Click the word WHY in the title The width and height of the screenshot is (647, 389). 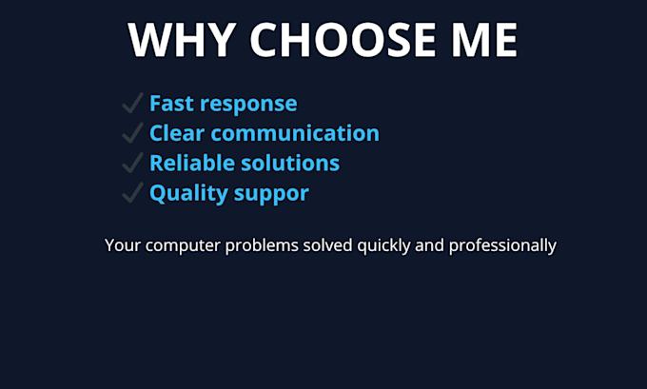(x=182, y=40)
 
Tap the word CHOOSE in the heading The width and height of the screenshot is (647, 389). (x=343, y=40)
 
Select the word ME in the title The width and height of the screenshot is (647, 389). (x=484, y=40)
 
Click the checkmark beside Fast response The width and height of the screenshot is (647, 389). (x=133, y=103)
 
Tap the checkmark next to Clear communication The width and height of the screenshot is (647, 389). (x=133, y=133)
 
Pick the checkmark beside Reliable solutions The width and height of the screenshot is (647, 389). (x=133, y=163)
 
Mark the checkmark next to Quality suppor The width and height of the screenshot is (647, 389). (x=133, y=193)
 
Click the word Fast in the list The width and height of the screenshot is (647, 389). (x=171, y=103)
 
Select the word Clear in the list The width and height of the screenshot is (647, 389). (x=177, y=133)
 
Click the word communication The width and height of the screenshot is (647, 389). (x=295, y=133)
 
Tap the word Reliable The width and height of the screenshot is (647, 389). (x=192, y=163)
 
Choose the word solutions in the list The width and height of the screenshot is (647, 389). (x=290, y=163)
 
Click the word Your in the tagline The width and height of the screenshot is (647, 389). (x=123, y=245)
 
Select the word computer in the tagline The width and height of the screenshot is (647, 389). (x=183, y=246)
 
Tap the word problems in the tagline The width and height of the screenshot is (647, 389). (x=262, y=246)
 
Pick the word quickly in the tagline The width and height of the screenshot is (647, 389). (x=383, y=246)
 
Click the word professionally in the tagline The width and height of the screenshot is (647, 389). (x=502, y=246)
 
